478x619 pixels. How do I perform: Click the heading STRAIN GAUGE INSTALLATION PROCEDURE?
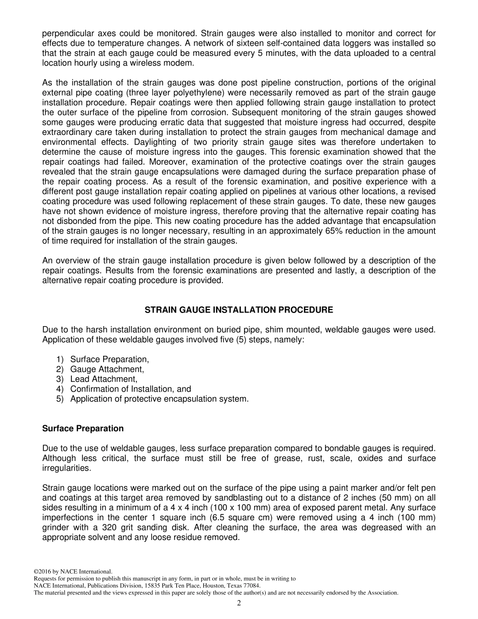238,310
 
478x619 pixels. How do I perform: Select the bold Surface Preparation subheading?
83,428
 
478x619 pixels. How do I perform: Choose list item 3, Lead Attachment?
103,379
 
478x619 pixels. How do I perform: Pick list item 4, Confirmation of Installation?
130,389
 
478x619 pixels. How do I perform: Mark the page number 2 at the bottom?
239,603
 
